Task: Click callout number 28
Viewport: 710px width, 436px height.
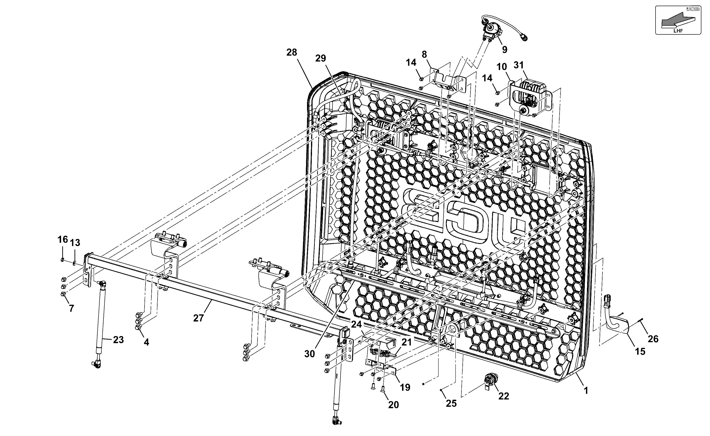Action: point(291,53)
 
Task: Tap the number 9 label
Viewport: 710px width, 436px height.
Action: point(505,49)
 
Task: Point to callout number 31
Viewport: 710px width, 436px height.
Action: point(519,65)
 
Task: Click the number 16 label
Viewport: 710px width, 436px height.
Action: point(62,239)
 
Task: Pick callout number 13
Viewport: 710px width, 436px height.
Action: point(75,243)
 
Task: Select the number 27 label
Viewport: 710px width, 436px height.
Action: point(199,318)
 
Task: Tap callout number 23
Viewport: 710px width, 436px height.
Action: point(118,340)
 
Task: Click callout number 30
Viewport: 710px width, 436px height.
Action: point(310,354)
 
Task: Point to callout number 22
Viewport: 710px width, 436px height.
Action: point(504,396)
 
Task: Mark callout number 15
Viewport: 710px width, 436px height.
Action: point(640,352)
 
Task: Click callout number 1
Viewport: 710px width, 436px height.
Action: point(586,391)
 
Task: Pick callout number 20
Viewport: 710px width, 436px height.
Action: point(394,405)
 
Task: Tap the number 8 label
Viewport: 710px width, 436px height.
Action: point(424,54)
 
